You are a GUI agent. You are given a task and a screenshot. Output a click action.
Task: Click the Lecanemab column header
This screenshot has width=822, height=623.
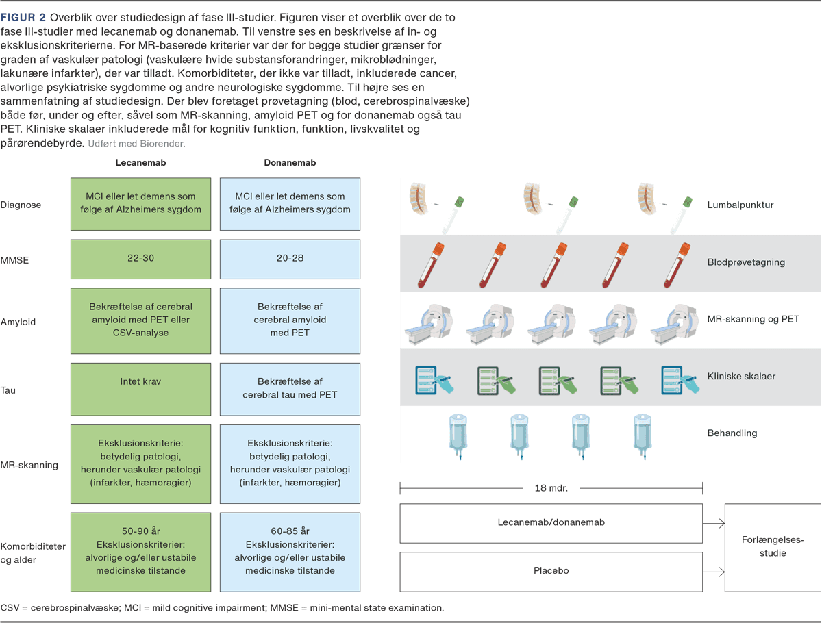point(140,163)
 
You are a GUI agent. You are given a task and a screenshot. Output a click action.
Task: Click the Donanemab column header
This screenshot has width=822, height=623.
point(290,163)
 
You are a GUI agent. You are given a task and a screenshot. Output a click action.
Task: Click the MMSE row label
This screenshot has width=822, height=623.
point(15,260)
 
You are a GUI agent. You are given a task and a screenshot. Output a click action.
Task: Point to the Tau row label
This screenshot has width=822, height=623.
point(9,390)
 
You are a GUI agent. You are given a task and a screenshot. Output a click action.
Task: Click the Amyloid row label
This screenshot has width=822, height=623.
point(18,322)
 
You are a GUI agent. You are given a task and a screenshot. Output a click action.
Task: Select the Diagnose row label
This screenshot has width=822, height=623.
point(21,204)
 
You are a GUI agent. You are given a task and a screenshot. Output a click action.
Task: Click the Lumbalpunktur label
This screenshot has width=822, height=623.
point(740,205)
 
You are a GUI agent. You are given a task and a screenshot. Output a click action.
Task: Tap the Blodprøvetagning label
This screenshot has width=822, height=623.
point(746,262)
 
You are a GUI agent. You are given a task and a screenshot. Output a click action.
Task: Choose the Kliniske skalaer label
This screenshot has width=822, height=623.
point(741,376)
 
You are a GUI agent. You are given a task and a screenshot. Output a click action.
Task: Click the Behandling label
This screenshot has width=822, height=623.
point(732,433)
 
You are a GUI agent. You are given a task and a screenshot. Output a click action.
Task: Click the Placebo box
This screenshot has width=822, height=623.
point(551,571)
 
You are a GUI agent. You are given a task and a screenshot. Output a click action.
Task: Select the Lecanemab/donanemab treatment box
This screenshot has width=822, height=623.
point(551,522)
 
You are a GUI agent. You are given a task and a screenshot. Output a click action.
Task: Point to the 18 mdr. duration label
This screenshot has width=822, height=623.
point(551,488)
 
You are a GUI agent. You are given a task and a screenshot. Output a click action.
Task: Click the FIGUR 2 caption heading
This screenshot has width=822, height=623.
point(23,17)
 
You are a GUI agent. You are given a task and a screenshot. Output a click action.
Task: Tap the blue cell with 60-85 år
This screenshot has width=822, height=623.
point(290,550)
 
